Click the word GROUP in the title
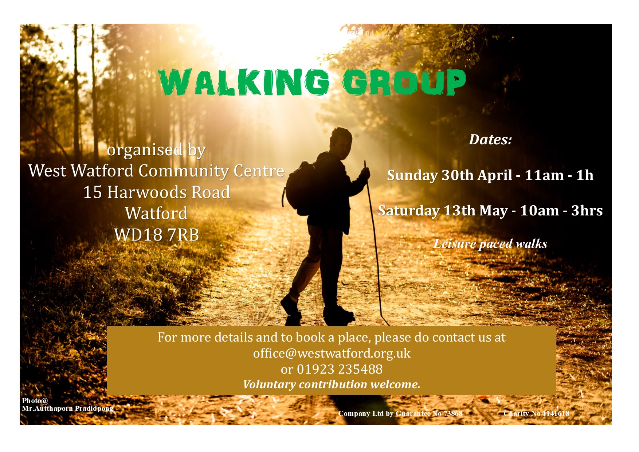[x=404, y=82]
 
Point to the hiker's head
[x=341, y=141]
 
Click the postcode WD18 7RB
[x=157, y=235]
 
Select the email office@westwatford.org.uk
[x=332, y=353]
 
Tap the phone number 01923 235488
[x=340, y=369]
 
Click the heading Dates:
[x=490, y=140]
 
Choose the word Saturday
[x=409, y=211]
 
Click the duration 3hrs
[x=587, y=211]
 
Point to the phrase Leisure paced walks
[x=490, y=244]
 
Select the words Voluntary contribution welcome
[x=332, y=385]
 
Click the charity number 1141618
[x=556, y=413]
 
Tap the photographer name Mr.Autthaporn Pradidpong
[x=67, y=409]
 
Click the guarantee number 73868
[x=453, y=413]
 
